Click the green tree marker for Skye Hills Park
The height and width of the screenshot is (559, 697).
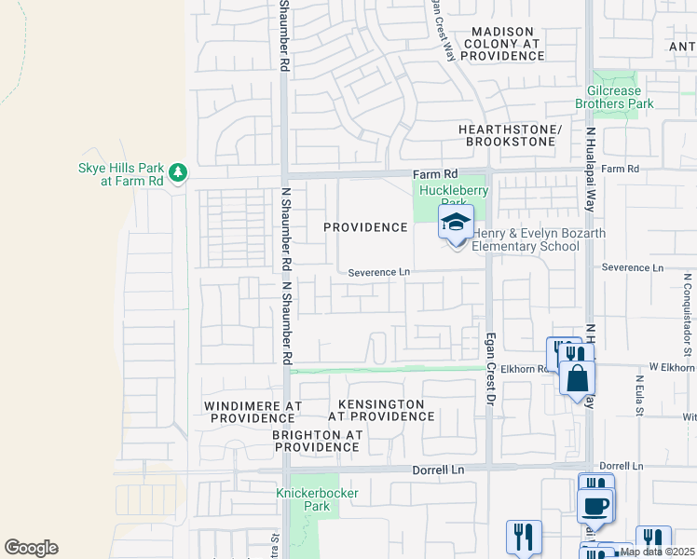coord(178,172)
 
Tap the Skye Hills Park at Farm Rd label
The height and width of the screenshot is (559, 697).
coord(119,174)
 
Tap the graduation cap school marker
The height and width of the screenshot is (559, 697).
coord(456,224)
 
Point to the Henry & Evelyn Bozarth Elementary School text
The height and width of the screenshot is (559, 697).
coord(526,239)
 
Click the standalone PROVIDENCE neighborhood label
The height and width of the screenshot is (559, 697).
coord(365,227)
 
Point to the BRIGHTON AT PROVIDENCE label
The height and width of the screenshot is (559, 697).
coord(316,441)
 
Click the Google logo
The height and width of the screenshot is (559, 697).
coord(31,548)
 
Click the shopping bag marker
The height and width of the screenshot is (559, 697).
coord(577,377)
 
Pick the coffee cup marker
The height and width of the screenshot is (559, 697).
coord(594,507)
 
